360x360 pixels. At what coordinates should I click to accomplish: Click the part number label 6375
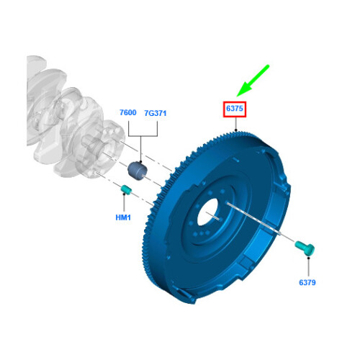[235, 109]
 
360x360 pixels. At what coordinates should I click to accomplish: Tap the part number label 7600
[128, 112]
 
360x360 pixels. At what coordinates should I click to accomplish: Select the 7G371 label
[156, 113]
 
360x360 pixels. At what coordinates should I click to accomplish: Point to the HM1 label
[123, 217]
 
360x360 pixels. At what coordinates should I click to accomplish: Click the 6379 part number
[307, 282]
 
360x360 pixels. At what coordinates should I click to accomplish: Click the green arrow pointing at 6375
[253, 81]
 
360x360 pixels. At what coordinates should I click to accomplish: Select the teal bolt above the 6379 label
[305, 248]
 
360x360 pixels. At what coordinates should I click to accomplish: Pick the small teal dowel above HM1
[126, 189]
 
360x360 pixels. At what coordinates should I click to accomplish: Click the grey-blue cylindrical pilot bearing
[138, 171]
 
